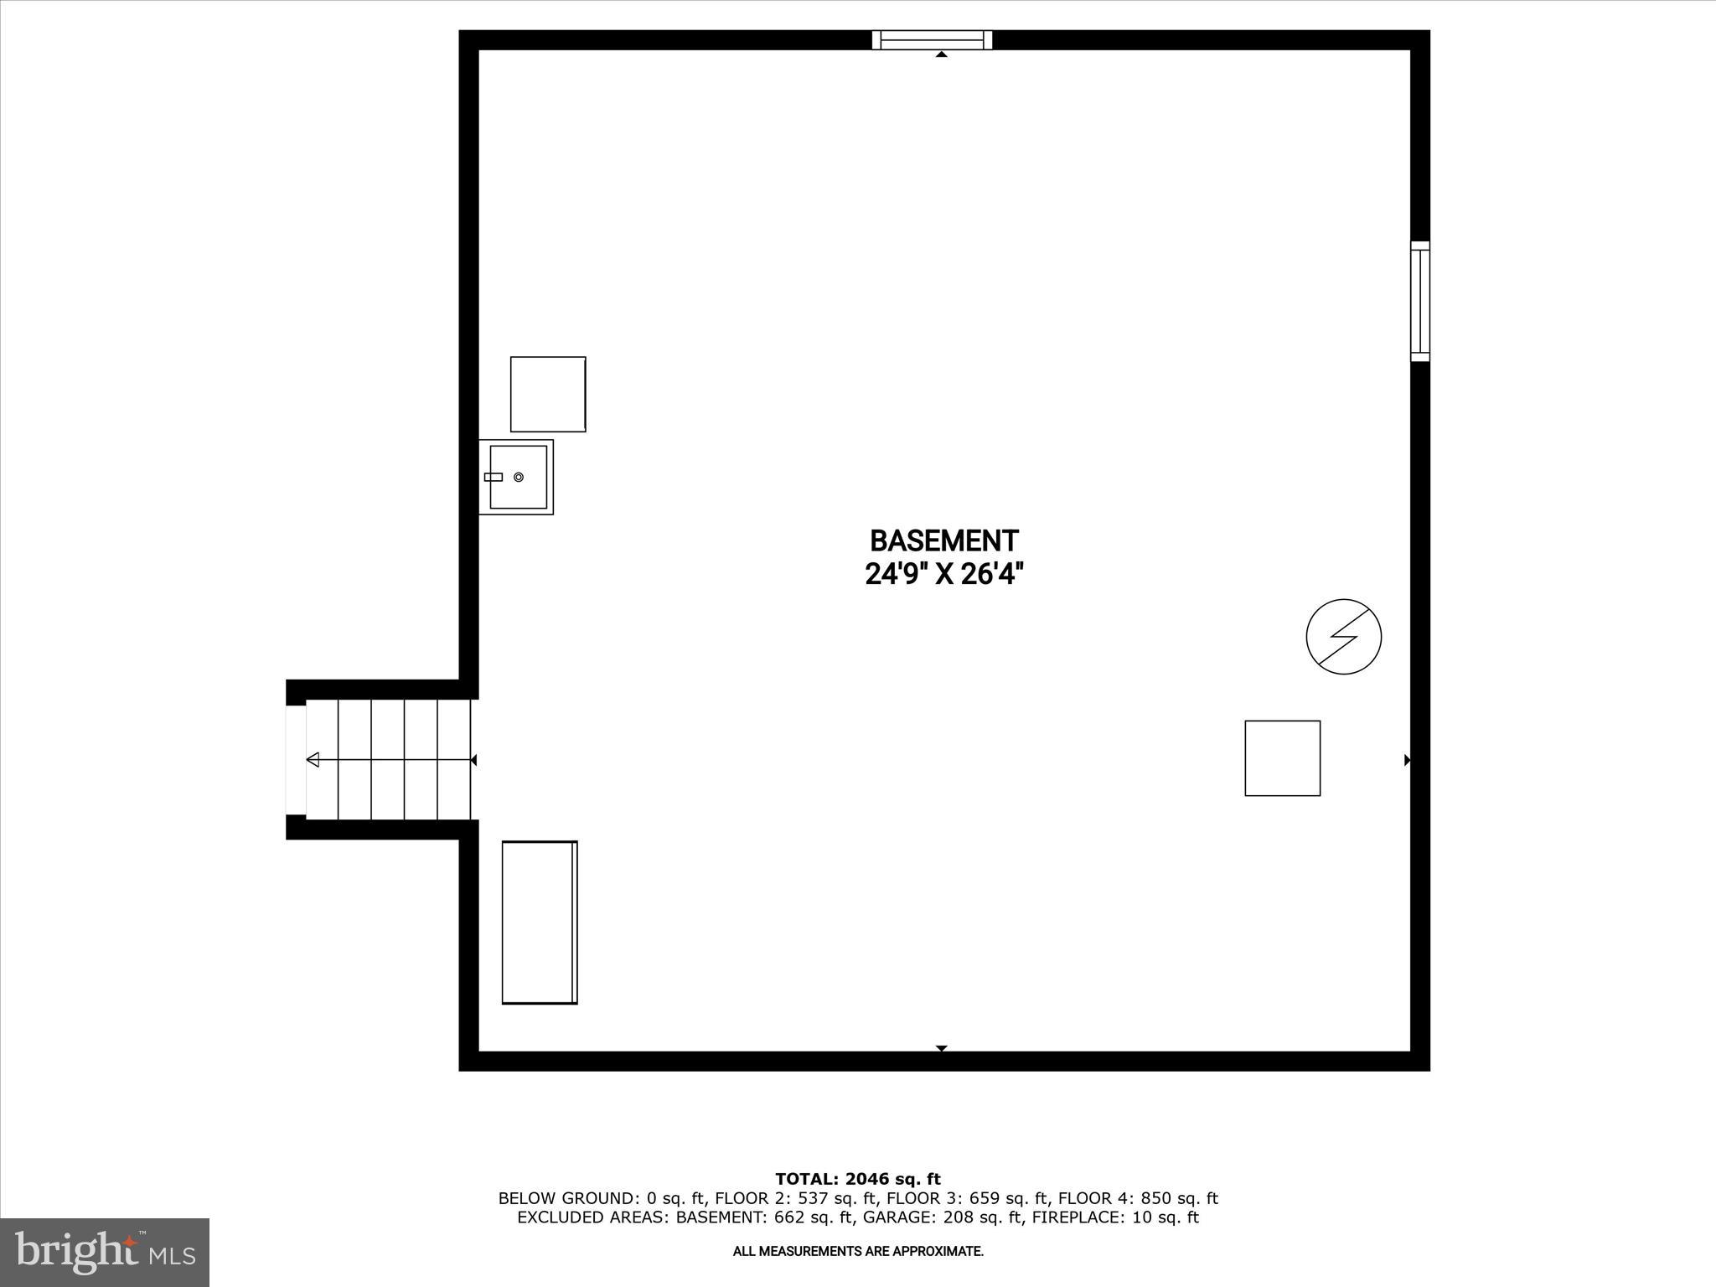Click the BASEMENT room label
(943, 540)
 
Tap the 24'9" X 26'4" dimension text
(943, 575)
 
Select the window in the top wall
(932, 39)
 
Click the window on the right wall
(1419, 302)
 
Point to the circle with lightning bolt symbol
(1343, 637)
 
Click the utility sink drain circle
(519, 477)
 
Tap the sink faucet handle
(494, 477)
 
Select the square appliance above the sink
(548, 394)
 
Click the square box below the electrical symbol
(1282, 758)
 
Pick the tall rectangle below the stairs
(540, 922)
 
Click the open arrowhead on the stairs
(313, 760)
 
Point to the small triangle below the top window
(941, 54)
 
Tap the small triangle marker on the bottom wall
(941, 1048)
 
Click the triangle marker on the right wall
(1407, 760)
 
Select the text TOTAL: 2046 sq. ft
(858, 1180)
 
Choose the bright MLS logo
(105, 1252)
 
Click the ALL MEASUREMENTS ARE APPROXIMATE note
(858, 1252)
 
